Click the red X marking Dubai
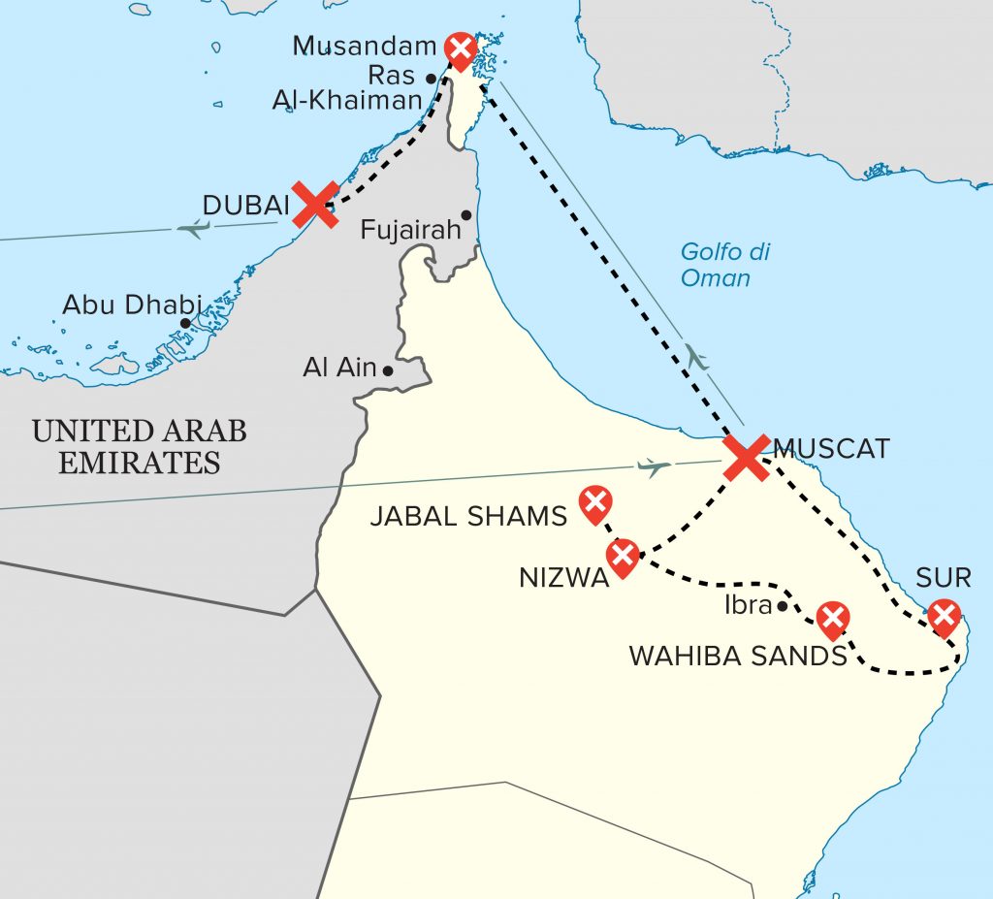(315, 205)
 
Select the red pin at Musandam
(460, 48)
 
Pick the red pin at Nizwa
(622, 557)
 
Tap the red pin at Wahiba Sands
(832, 618)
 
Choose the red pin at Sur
(943, 616)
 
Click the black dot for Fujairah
(466, 215)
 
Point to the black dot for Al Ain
(388, 370)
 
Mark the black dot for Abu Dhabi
(184, 324)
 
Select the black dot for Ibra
(782, 607)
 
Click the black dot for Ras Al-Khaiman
(431, 79)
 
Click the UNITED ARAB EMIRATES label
(139, 446)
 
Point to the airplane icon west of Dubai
(194, 229)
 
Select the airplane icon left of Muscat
(656, 467)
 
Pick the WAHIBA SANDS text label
(738, 657)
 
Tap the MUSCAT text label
(831, 449)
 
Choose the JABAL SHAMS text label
(468, 516)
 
